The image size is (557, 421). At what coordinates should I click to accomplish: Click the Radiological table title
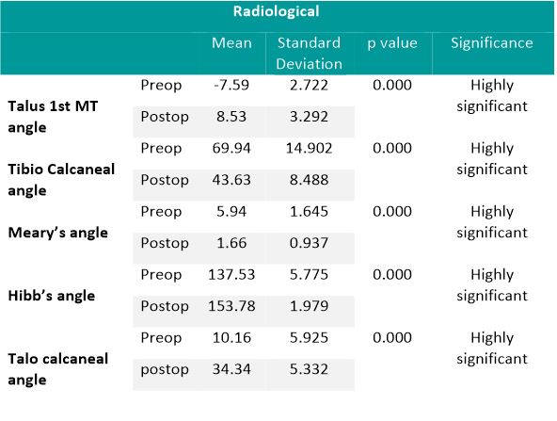click(x=278, y=13)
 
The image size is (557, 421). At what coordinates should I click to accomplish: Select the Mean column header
click(x=231, y=43)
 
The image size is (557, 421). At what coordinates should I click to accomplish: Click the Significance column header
click(x=491, y=43)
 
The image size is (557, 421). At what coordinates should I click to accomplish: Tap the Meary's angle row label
click(x=56, y=232)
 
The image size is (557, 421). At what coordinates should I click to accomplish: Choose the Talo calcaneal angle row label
click(x=56, y=368)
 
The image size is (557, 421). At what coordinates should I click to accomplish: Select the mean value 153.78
click(x=231, y=306)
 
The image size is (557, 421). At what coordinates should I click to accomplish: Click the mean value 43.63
click(x=231, y=180)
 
